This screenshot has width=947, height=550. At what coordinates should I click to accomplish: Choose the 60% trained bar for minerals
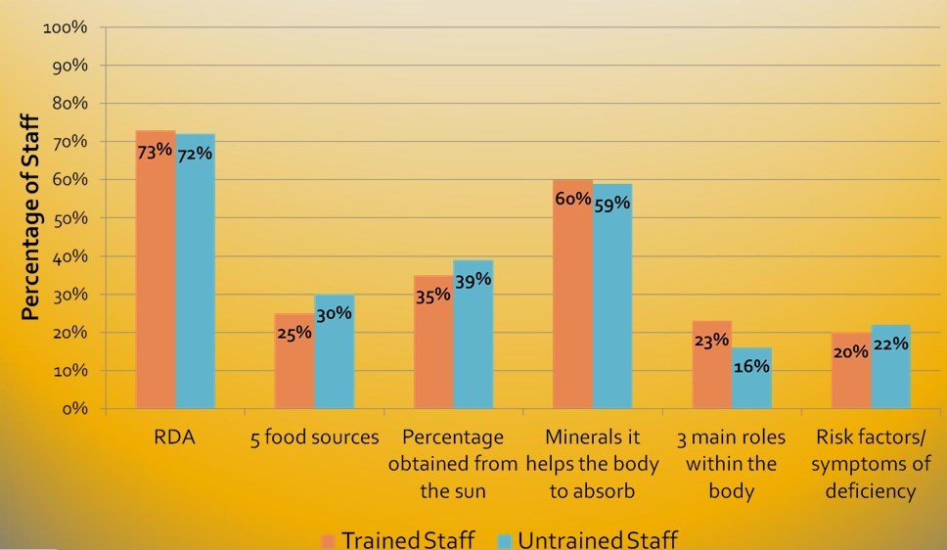click(572, 303)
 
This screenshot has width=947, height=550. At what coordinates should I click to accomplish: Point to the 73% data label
click(155, 151)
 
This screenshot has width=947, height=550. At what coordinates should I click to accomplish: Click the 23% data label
click(711, 341)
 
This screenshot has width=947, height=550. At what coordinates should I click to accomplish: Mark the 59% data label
click(612, 204)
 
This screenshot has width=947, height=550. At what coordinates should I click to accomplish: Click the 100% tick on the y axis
click(67, 27)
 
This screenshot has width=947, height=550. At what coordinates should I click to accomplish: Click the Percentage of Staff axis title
click(30, 218)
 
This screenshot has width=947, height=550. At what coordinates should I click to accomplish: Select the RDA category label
click(175, 436)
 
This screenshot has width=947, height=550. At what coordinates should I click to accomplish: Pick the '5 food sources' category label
click(314, 436)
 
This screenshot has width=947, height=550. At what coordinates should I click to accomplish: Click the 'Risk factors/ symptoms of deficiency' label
click(871, 463)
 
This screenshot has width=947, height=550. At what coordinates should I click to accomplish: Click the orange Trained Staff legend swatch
click(328, 540)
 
